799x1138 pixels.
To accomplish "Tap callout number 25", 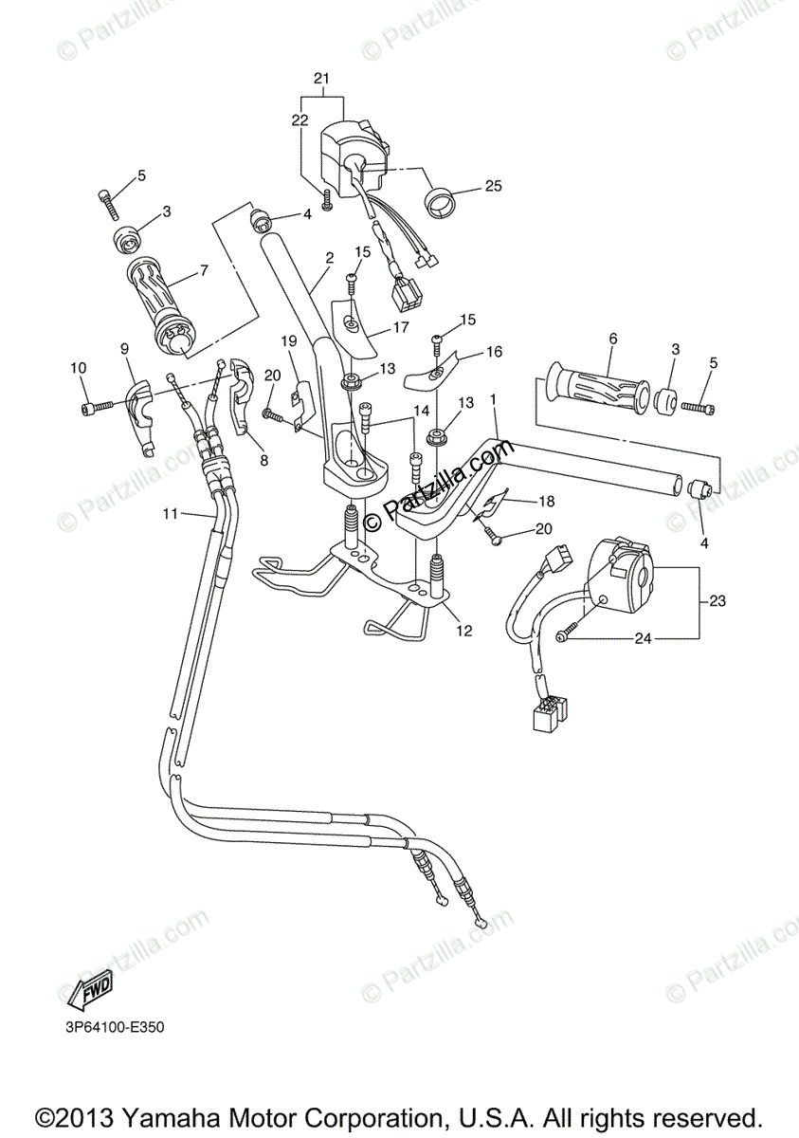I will click(x=493, y=186).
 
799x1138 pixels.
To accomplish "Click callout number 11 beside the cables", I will click(x=170, y=513).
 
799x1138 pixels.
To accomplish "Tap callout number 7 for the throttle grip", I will click(x=203, y=270).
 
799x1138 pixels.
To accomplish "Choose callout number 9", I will click(x=124, y=348).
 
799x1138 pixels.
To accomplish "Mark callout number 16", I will click(x=494, y=352).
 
